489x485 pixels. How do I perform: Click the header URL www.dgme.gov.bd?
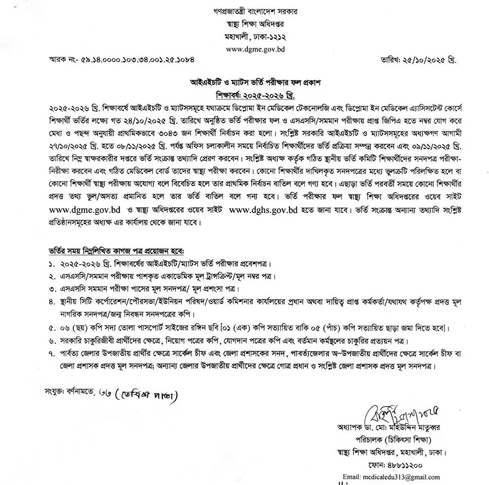(x=256, y=50)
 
